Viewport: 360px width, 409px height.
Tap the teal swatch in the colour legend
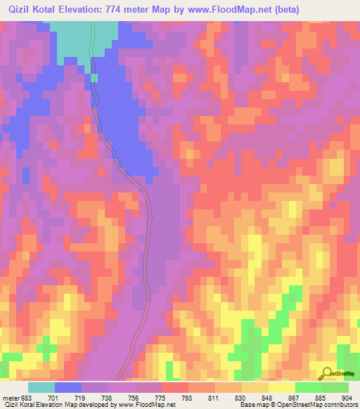coord(41,387)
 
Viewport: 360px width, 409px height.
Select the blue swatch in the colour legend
coord(68,387)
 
